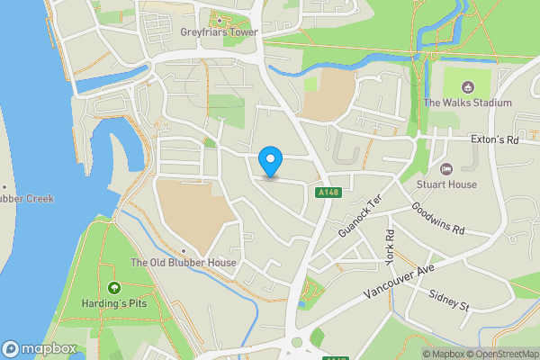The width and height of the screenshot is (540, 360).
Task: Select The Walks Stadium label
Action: pos(467,103)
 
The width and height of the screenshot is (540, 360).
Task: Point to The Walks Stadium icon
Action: pos(467,86)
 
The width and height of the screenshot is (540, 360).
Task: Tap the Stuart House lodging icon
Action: pos(446,168)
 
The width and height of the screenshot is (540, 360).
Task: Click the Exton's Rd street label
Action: pos(496,140)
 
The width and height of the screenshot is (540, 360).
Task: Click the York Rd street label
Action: pos(390,246)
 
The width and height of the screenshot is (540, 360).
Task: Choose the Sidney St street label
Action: pos(449,301)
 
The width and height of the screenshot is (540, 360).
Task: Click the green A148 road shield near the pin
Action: pos(327,193)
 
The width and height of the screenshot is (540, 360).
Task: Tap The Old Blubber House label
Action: pos(184,263)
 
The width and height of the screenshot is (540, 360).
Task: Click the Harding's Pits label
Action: pos(113,304)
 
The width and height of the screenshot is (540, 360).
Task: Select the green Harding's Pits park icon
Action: pos(113,288)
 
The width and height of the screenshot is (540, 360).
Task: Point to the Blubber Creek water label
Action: pos(27,198)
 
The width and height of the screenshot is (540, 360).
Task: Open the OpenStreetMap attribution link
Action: pos(500,354)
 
